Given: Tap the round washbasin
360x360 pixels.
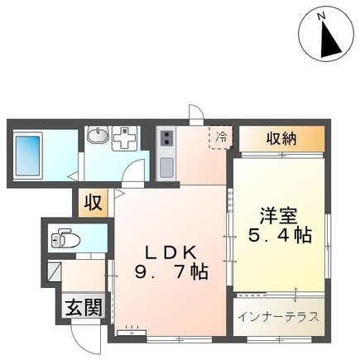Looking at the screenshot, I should pos(98,136).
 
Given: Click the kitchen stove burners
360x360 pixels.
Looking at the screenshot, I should pos(166,137).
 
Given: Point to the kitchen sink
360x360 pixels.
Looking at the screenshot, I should pos(166,165).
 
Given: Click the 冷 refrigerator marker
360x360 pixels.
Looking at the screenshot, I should pos(221,136).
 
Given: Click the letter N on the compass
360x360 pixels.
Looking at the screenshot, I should pos(325,14).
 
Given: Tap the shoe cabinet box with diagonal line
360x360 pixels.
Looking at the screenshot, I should pos(53,268).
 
